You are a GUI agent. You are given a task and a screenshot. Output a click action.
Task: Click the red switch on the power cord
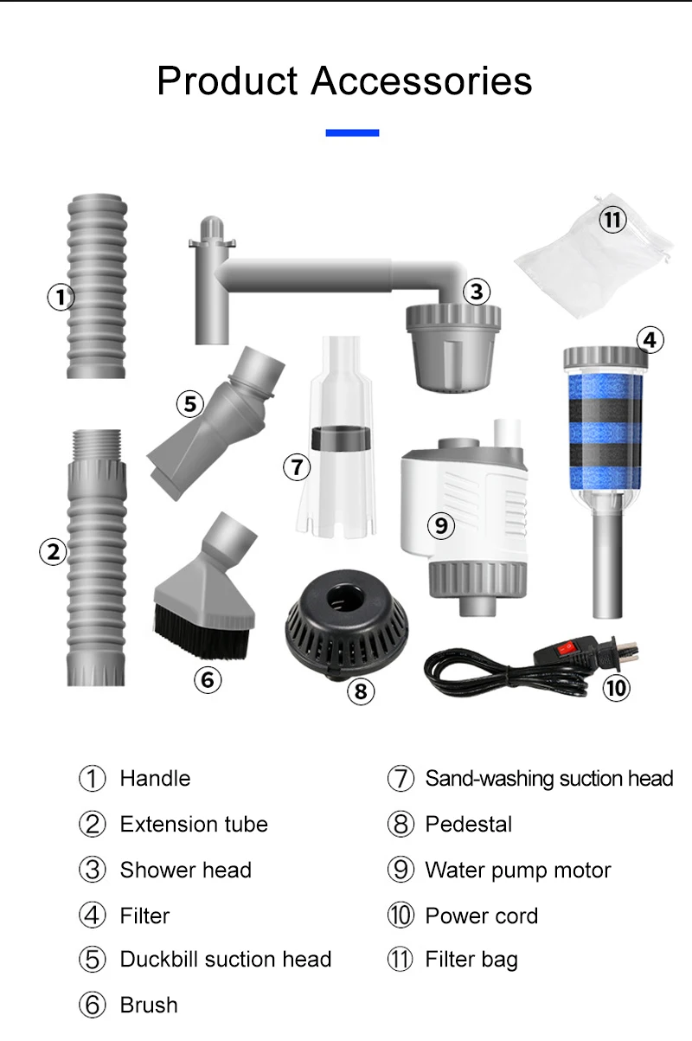(565, 647)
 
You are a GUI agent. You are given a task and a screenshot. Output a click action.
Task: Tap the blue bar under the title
(353, 133)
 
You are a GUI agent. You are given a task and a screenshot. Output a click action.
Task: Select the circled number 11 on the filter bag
(612, 219)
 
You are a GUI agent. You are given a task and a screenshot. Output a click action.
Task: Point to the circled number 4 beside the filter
(650, 340)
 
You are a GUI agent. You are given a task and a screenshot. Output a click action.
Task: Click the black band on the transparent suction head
(341, 438)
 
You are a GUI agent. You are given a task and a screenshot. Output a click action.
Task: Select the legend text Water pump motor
(518, 870)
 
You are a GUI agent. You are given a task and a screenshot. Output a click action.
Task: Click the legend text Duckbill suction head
(226, 959)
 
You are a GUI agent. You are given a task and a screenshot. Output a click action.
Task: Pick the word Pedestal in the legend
(469, 825)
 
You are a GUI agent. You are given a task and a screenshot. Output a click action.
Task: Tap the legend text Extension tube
(194, 825)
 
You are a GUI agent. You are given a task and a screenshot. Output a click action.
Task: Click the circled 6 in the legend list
(93, 1005)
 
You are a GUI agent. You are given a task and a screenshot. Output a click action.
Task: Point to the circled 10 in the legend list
(400, 916)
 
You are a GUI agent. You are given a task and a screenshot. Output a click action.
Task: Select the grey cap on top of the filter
(605, 357)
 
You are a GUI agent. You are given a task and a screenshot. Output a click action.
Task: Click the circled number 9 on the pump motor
(441, 525)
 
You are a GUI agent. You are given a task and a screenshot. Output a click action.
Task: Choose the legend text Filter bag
(471, 959)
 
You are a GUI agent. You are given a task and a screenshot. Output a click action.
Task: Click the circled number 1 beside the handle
(61, 297)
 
